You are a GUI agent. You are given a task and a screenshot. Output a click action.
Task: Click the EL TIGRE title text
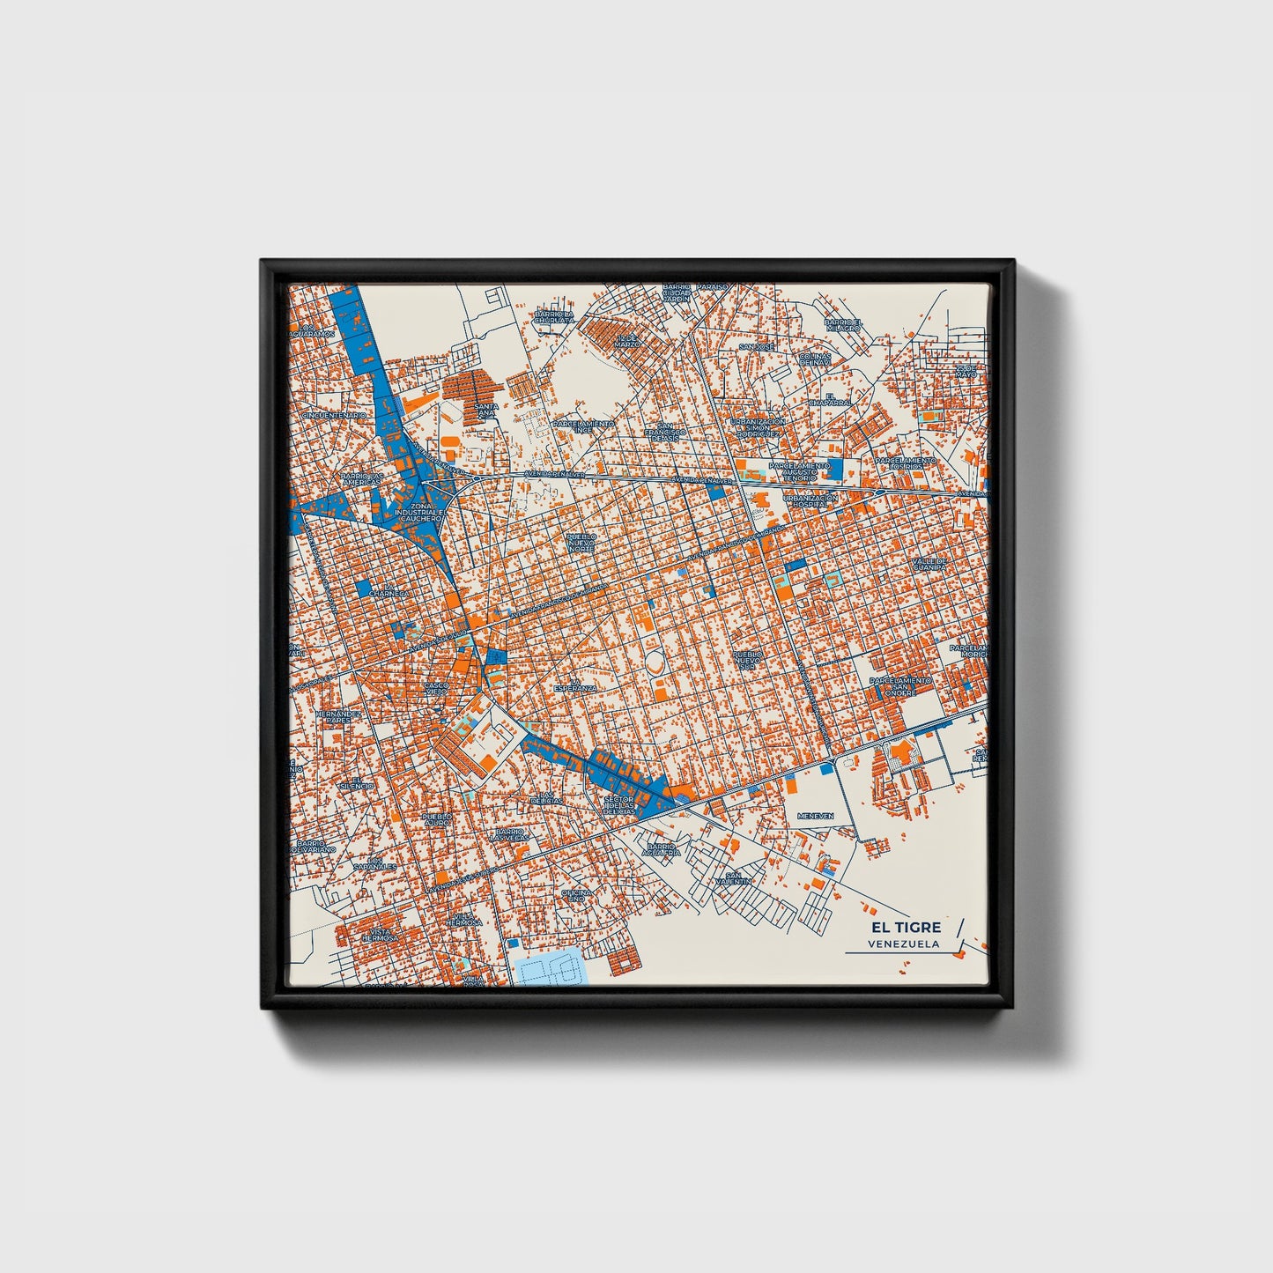pyautogui.click(x=906, y=927)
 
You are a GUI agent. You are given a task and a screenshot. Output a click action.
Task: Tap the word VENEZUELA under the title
pyautogui.click(x=903, y=944)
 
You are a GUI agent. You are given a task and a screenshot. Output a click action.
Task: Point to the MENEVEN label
pyautogui.click(x=815, y=816)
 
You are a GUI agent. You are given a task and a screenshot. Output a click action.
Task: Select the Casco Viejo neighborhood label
pyautogui.click(x=436, y=689)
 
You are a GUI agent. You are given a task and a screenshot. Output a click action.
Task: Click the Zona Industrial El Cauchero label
pyautogui.click(x=418, y=514)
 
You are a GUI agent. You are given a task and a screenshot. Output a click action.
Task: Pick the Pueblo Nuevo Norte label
pyautogui.click(x=581, y=542)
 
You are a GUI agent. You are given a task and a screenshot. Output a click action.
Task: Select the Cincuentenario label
pyautogui.click(x=332, y=415)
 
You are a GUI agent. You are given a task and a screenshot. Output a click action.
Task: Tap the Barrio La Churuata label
pyautogui.click(x=555, y=316)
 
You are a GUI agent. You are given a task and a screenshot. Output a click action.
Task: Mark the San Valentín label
pyautogui.click(x=733, y=878)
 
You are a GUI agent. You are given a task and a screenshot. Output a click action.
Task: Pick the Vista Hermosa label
pyautogui.click(x=380, y=935)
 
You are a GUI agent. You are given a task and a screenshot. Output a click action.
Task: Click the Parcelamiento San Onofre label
pyautogui.click(x=899, y=686)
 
